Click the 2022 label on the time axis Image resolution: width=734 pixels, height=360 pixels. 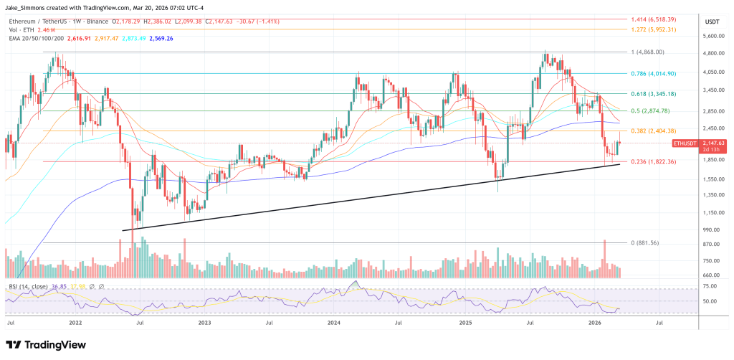(76, 324)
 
